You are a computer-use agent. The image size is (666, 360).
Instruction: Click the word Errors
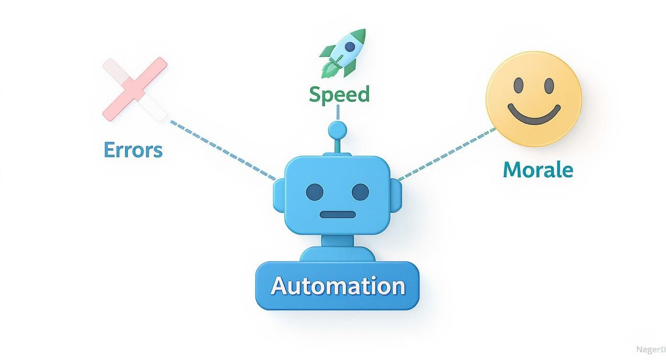point(133,150)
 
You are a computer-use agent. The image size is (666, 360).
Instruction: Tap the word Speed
point(339,94)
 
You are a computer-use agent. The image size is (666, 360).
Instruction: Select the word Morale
point(538,169)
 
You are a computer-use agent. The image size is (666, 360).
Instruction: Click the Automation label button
point(337,286)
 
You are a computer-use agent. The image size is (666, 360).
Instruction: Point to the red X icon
point(135,89)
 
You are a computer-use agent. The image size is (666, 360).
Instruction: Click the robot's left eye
point(315,192)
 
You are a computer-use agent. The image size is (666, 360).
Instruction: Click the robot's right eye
point(360,192)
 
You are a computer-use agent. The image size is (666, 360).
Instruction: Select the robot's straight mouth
point(337,214)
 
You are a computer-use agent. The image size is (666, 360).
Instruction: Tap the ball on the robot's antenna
point(337,129)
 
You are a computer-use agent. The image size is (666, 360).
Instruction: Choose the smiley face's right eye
point(548,86)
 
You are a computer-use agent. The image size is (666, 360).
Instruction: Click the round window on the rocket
point(350,46)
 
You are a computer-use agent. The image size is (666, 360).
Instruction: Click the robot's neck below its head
point(337,240)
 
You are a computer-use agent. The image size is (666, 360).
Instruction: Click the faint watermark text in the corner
point(649,350)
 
